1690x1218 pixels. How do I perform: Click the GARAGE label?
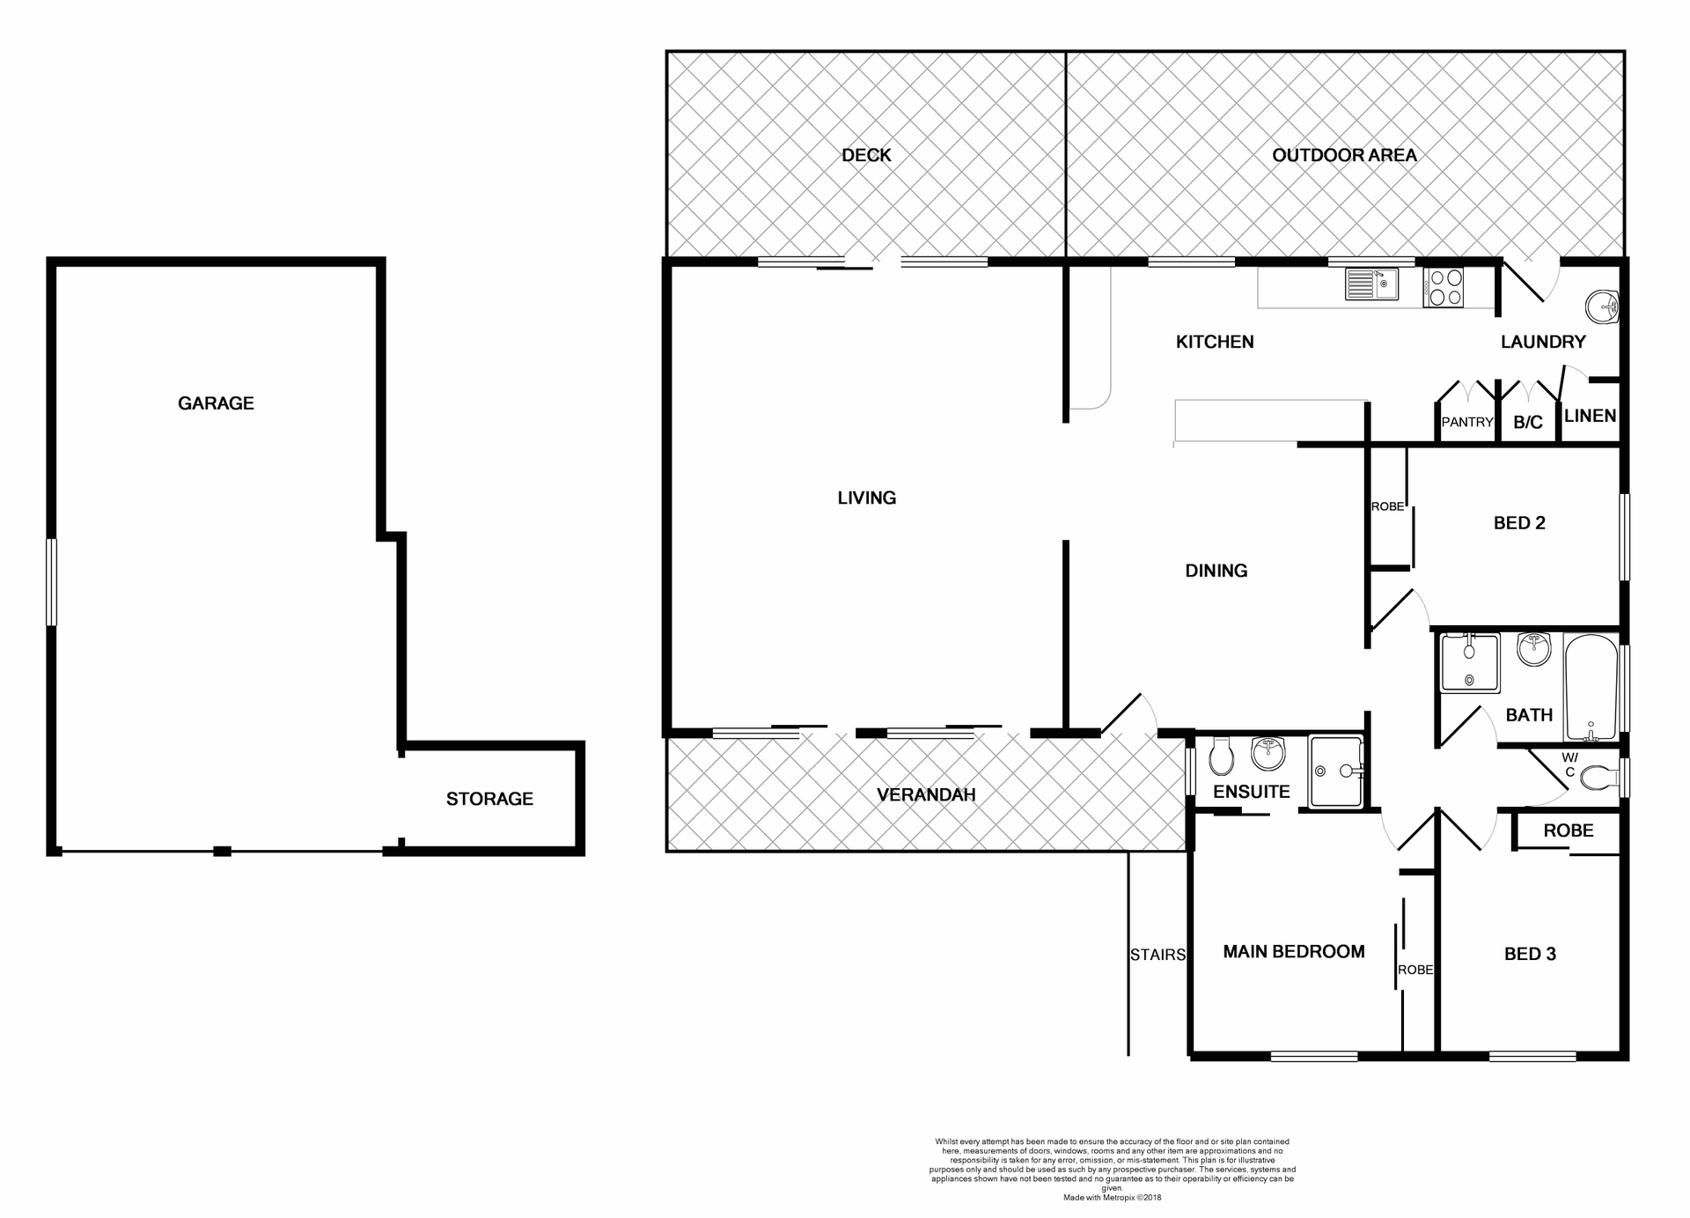[x=216, y=403]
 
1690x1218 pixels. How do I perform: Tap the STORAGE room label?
[x=489, y=799]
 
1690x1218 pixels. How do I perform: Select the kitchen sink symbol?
[x=1371, y=284]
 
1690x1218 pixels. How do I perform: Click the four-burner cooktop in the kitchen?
[x=1444, y=287]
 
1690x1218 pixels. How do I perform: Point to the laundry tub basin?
[x=1602, y=306]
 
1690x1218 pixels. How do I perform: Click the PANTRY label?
[x=1466, y=422]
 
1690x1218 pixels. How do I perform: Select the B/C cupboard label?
[x=1527, y=423]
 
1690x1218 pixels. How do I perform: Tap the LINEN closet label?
[x=1590, y=416]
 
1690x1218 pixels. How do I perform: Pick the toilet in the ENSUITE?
[x=1222, y=756]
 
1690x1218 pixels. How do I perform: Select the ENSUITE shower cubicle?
[x=1335, y=771]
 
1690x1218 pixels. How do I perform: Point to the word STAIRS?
[x=1157, y=955]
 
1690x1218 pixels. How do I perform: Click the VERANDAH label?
[x=926, y=795]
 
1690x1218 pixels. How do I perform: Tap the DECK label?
[x=866, y=155]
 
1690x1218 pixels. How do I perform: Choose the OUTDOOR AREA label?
[x=1344, y=155]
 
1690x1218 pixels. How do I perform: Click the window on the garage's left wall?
[x=52, y=582]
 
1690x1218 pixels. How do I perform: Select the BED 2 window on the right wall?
[x=1625, y=536]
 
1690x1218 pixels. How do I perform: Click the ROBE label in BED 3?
[x=1568, y=830]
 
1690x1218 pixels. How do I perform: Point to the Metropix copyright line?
[x=1112, y=1198]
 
